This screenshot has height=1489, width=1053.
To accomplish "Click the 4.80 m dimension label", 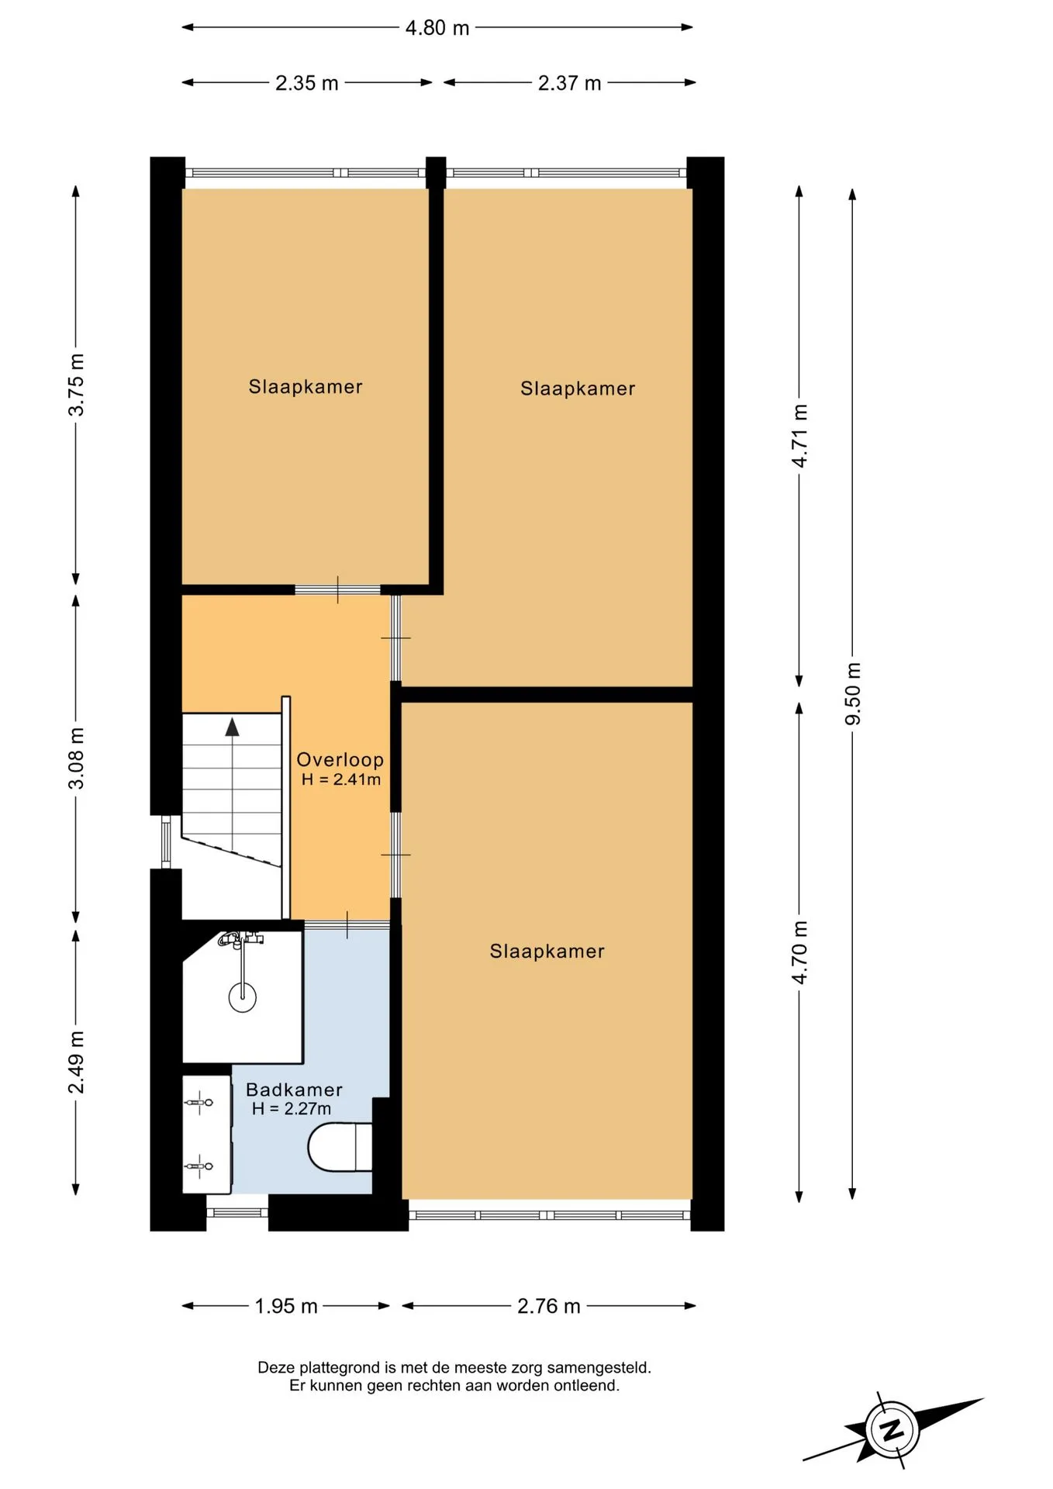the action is (437, 28).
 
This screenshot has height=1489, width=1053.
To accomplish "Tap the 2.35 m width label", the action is (307, 83).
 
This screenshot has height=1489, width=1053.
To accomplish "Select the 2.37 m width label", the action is (570, 83).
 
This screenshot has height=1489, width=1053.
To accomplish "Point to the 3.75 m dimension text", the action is (76, 385).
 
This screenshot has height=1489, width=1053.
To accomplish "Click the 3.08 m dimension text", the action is (76, 758).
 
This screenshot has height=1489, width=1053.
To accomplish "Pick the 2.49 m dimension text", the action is (76, 1062).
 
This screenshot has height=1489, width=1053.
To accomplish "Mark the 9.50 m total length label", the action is (853, 694).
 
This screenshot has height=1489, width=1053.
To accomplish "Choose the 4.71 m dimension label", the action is (799, 436).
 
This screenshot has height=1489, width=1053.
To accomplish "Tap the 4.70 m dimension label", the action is (799, 952).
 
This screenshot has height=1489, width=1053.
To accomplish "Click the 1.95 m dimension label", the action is (286, 1306).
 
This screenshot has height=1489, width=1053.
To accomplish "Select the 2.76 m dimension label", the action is (549, 1306).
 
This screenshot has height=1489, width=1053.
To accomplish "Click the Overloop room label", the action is (340, 760).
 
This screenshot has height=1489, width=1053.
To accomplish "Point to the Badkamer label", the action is (294, 1090).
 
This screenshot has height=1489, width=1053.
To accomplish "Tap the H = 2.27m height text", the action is (292, 1109).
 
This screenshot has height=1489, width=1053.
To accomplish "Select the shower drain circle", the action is (243, 997).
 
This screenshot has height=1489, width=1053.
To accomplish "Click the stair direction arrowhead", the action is (233, 727).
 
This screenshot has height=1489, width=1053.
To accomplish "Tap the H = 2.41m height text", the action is (341, 779).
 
